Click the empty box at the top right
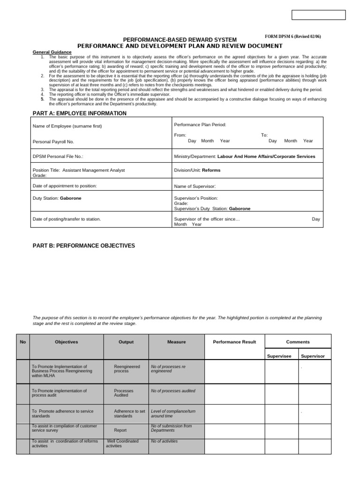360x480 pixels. pos(318,15)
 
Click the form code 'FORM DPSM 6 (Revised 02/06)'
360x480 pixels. pos(293,37)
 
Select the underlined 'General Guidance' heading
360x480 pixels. pos(52,52)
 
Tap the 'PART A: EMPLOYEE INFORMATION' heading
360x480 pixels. pos(79,113)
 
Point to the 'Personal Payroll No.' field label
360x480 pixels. pos(53,141)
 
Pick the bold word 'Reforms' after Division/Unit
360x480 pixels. pos(211,170)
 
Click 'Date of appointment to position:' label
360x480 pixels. pos(65,186)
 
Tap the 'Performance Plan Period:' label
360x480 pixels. pos(200,125)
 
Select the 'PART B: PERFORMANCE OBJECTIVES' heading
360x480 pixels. pos(83,246)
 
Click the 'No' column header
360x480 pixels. pos(23,342)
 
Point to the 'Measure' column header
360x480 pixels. pos(176,342)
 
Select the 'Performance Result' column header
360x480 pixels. pos(234,342)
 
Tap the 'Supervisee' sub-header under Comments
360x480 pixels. pos(279,356)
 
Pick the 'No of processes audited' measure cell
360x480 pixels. pos(173,390)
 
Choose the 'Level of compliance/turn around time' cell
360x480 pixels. pos(173,413)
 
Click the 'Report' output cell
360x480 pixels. pos(120,430)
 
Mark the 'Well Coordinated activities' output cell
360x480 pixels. pos(122,443)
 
